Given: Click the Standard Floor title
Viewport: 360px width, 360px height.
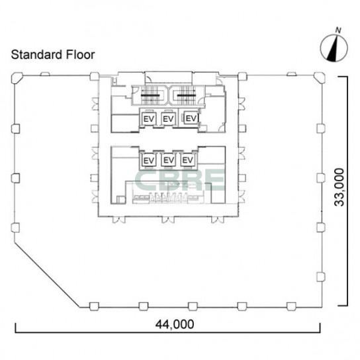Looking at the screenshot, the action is (x=53, y=55).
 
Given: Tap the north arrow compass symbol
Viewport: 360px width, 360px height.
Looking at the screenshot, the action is (x=334, y=48).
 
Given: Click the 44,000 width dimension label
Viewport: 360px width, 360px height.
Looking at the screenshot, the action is (x=175, y=324).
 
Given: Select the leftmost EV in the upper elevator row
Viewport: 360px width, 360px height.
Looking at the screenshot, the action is (x=149, y=119).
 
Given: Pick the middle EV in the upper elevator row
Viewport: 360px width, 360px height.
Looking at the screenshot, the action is (x=168, y=119).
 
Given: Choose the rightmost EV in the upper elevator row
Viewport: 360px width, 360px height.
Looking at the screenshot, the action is (x=191, y=118).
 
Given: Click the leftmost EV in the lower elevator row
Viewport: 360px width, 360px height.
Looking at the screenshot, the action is (x=149, y=160).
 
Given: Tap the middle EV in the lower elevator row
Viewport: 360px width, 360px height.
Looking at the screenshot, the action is (x=169, y=160).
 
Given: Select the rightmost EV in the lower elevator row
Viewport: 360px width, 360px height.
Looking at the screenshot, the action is (x=188, y=159).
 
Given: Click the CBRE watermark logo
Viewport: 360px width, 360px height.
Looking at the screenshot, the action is (x=179, y=180).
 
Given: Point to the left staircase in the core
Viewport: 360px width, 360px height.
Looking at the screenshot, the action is (x=150, y=95).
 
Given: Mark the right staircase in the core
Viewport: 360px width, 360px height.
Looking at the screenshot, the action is (x=187, y=95).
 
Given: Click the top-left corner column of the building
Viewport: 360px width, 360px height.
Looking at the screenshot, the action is (x=17, y=77).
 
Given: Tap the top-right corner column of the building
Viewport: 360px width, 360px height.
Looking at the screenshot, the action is (x=320, y=77).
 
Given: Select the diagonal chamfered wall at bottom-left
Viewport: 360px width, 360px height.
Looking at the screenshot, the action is (x=47, y=274).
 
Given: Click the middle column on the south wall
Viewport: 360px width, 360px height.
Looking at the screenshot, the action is (x=193, y=306).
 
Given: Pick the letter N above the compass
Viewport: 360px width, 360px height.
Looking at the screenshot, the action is (x=338, y=30).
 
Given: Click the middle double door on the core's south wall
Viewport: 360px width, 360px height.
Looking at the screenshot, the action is (x=168, y=220).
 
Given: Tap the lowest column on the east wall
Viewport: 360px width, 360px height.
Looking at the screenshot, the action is (x=321, y=277).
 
